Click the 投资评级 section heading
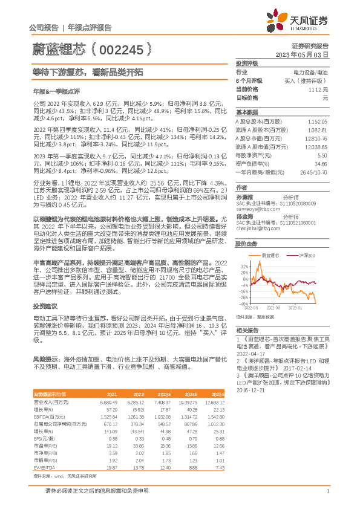[247, 63]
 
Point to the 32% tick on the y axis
[244, 265]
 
